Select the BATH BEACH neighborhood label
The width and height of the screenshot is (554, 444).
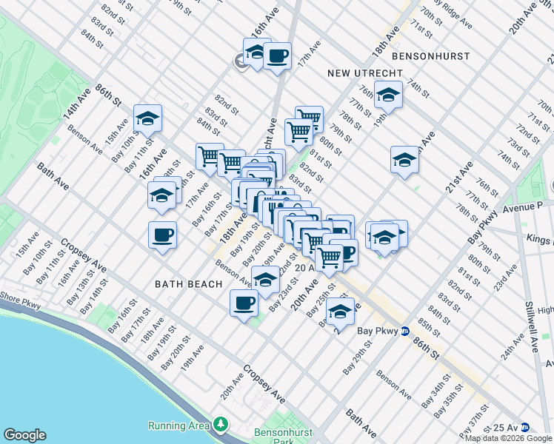click(x=188, y=284)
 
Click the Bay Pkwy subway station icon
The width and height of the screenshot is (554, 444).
click(x=405, y=331)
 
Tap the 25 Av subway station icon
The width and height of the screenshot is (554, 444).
click(x=524, y=427)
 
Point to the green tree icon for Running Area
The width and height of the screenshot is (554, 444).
click(x=220, y=424)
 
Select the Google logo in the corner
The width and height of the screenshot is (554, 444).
click(x=24, y=435)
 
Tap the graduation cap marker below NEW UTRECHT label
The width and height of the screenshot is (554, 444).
click(x=388, y=94)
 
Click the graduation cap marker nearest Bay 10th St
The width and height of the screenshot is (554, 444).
click(x=147, y=118)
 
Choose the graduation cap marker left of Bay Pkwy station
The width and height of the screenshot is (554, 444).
click(x=339, y=312)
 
